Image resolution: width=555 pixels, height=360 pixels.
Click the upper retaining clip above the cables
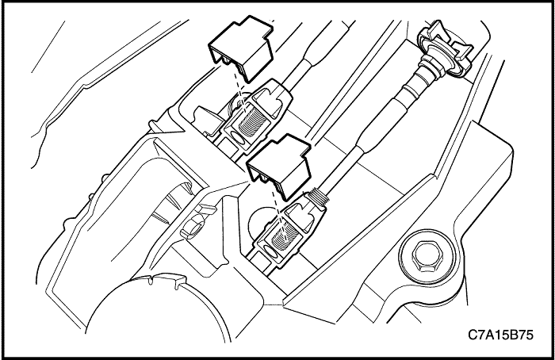click(x=241, y=49)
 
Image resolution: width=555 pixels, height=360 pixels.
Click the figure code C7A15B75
click(x=500, y=334)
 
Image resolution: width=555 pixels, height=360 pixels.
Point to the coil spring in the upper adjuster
click(x=252, y=121)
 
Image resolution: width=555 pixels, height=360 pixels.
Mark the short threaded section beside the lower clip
click(x=317, y=196)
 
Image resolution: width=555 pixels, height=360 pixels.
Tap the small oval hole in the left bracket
click(x=193, y=228)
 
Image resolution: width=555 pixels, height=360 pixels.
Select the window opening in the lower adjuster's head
click(x=298, y=213)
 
